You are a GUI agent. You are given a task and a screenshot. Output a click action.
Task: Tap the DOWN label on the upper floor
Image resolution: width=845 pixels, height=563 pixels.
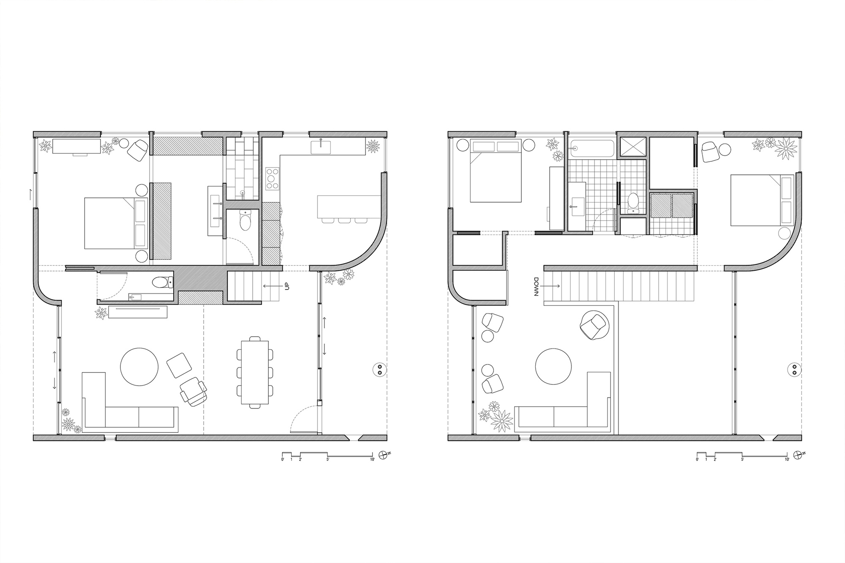pyautogui.click(x=536, y=287)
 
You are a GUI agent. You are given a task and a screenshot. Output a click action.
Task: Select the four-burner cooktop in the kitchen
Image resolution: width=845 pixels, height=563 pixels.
pyautogui.click(x=273, y=178)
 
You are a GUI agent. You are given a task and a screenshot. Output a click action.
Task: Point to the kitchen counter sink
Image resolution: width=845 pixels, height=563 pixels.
pyautogui.click(x=322, y=147)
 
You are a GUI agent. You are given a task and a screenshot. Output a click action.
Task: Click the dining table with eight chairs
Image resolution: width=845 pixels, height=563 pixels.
pyautogui.click(x=255, y=371)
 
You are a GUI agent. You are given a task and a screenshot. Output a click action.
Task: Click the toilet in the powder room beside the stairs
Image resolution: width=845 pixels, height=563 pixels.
pyautogui.click(x=162, y=282)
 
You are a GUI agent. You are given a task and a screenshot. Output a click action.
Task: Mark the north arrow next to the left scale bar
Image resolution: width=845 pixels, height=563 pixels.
pyautogui.click(x=384, y=454)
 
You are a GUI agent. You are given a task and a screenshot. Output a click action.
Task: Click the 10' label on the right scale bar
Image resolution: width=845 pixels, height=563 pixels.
pyautogui.click(x=787, y=459)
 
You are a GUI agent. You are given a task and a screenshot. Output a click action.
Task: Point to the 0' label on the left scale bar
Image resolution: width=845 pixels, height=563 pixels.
pyautogui.click(x=283, y=459)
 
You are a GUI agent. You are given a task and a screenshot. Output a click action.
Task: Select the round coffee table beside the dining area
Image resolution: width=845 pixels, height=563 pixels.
pyautogui.click(x=139, y=366)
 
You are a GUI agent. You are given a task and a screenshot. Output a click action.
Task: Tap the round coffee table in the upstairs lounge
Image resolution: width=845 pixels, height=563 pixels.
pyautogui.click(x=553, y=366)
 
